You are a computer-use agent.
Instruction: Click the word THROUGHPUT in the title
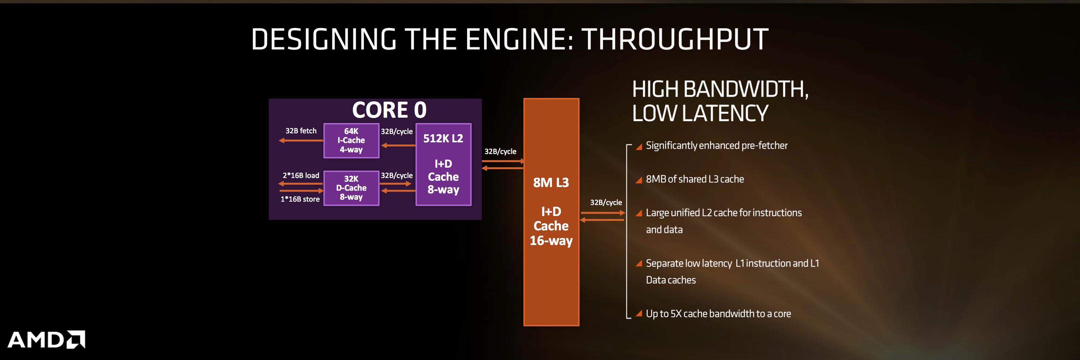675,39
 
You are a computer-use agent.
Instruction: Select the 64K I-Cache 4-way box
351,140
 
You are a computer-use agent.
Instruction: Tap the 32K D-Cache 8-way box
351,188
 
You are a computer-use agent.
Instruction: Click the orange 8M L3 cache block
551,212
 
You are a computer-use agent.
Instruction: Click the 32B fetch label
301,131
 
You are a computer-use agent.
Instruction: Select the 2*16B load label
301,176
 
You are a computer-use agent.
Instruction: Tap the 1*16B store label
300,199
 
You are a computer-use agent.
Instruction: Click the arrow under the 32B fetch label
301,140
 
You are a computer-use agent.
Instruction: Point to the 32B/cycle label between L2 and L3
500,152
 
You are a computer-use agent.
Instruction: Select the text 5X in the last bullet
676,313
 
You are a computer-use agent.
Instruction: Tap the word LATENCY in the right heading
725,113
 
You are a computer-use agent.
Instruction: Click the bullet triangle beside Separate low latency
639,263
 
